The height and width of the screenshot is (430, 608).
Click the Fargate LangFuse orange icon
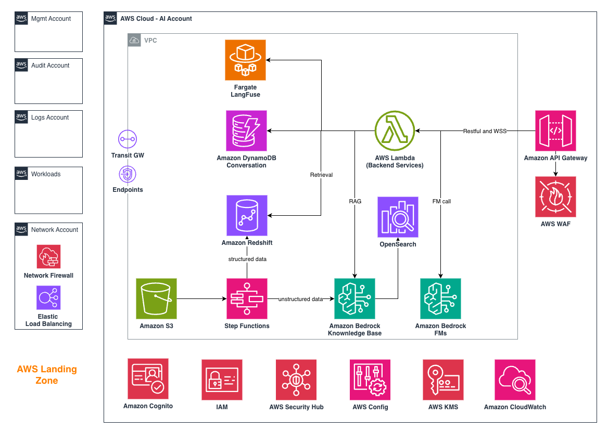245,60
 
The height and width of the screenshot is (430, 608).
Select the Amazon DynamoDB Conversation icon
246,131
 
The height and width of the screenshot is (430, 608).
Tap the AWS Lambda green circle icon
395,131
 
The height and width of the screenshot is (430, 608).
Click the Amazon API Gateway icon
555,131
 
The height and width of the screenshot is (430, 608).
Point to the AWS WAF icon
555,197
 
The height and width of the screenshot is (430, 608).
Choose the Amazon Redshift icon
247,215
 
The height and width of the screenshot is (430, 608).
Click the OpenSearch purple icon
398,217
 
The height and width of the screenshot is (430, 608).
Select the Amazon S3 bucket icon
156,298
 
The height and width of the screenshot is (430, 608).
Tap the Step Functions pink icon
247,298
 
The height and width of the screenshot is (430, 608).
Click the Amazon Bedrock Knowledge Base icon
354,298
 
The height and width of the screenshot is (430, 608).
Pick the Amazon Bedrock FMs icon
440,298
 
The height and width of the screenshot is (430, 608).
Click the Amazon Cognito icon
148,379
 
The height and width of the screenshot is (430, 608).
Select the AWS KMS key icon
443,380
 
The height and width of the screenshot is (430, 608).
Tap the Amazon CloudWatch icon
515,380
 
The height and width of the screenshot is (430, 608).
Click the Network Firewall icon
48,257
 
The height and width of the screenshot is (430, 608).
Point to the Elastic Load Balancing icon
48,298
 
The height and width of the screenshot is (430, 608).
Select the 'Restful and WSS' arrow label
485,131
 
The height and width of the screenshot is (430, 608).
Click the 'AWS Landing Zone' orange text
47,375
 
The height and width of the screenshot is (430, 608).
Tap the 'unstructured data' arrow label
300,299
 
